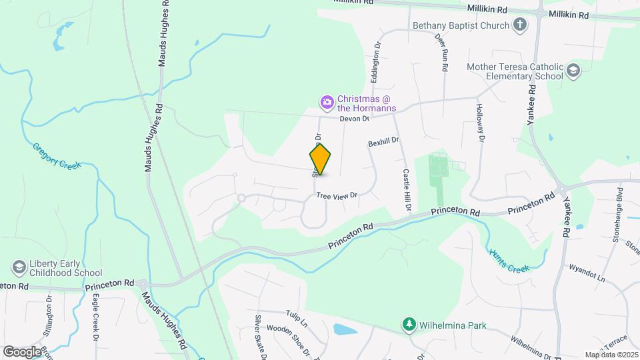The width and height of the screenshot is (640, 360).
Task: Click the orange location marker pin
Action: click(x=321, y=159)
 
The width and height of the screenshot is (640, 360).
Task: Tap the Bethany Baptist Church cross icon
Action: click(x=520, y=25)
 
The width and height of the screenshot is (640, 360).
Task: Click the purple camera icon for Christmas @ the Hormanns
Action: click(x=327, y=102)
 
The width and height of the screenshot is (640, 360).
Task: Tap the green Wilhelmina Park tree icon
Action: click(x=409, y=325)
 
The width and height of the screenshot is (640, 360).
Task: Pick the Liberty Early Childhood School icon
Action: click(x=19, y=267)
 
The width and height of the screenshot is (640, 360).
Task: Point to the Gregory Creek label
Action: click(x=57, y=155)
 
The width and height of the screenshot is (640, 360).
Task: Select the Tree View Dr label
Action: click(x=337, y=195)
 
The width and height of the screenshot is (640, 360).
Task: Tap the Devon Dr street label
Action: click(x=354, y=119)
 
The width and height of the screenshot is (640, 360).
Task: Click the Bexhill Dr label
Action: click(x=383, y=142)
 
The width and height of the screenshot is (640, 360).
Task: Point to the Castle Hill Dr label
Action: click(x=406, y=191)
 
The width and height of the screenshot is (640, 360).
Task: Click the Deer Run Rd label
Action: click(x=443, y=53)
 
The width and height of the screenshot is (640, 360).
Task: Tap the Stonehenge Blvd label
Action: click(x=618, y=204)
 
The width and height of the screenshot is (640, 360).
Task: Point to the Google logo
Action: click(x=21, y=351)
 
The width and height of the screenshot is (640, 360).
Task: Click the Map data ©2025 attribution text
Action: click(x=611, y=355)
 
